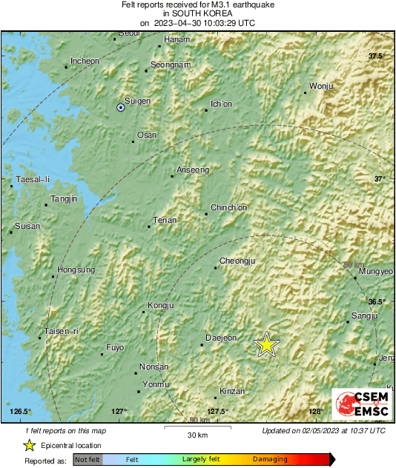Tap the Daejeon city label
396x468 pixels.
[221, 338]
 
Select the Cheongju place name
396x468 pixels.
[238, 261]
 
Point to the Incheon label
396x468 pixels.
[85, 61]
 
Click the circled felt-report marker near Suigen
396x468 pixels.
[121, 107]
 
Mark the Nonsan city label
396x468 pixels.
[155, 367]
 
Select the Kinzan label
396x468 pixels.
[233, 391]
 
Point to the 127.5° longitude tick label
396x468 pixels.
[217, 412]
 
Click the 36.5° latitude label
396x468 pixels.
[378, 301]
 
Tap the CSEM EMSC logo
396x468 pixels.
[358, 407]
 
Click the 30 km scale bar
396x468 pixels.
[197, 427]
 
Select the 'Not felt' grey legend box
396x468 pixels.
[88, 460]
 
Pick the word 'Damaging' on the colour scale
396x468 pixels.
[270, 460]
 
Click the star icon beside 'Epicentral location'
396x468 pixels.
[29, 445]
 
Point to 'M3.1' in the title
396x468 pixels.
[212, 4]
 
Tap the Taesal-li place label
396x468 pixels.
[33, 179]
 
